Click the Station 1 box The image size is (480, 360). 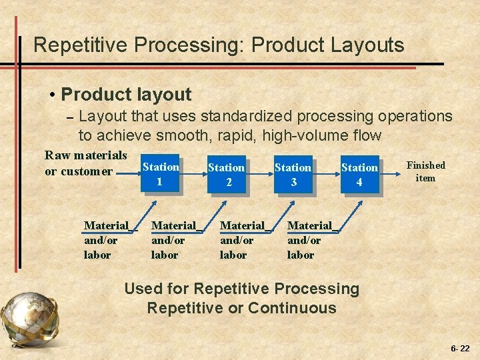coord(160,174)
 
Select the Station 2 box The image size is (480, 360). coord(227,175)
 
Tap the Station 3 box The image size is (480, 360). coord(293,175)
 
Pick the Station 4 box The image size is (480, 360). coord(360,175)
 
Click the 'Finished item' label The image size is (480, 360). coord(425,171)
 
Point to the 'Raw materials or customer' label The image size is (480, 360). coord(85,163)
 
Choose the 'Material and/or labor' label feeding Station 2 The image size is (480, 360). coord(175,240)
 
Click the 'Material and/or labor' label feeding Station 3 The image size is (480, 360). coord(243,240)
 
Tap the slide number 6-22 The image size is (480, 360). coord(460,349)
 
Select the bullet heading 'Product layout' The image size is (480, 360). coord(126,95)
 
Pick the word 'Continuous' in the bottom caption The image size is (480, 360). coord(292,308)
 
